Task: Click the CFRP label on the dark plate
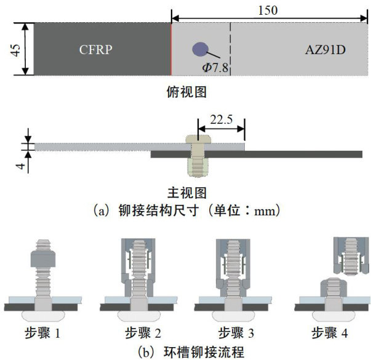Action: (95, 49)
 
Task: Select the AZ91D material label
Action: (325, 49)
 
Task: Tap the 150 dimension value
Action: (268, 10)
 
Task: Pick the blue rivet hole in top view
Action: (199, 49)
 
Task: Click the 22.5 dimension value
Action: (221, 120)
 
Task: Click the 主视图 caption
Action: (186, 192)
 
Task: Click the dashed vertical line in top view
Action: (230, 49)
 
